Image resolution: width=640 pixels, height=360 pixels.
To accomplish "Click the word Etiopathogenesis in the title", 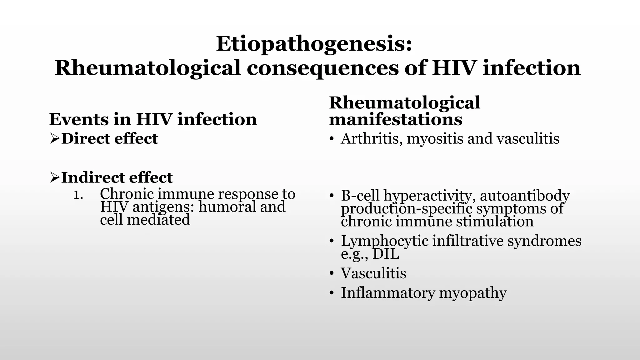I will tap(313, 44).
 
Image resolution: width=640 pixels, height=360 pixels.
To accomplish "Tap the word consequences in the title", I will tap(322, 68).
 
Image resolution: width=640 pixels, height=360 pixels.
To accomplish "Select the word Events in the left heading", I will tap(79, 119).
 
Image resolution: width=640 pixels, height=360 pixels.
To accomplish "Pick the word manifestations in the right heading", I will tap(396, 119).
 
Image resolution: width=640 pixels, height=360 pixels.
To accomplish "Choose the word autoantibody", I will tap(525, 196).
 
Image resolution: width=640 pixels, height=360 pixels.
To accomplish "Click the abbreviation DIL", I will tap(386, 254).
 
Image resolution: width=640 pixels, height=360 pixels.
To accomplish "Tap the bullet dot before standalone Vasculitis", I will tap(332, 274).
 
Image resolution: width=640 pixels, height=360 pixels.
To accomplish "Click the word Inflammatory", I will tap(388, 293).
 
